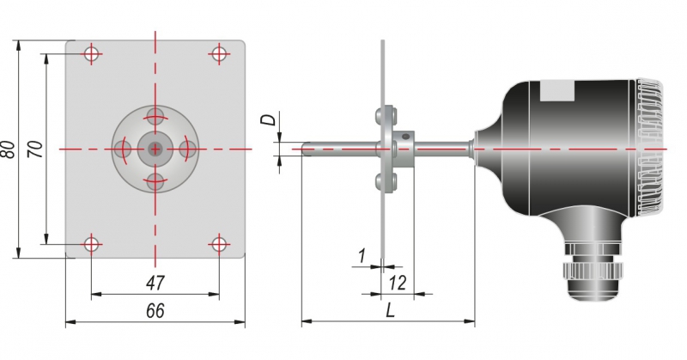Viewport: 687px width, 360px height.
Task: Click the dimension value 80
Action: pyautogui.click(x=9, y=149)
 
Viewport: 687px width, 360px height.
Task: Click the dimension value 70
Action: pyautogui.click(x=35, y=149)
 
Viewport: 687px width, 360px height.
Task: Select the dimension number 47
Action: pyautogui.click(x=155, y=284)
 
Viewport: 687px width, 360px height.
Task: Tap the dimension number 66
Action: pyautogui.click(x=155, y=311)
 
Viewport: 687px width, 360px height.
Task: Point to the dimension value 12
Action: pyautogui.click(x=398, y=284)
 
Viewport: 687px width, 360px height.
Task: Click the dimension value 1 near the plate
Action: pyautogui.click(x=362, y=256)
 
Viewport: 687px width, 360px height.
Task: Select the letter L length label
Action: pyautogui.click(x=390, y=311)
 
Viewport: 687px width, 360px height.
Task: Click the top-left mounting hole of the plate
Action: pyautogui.click(x=92, y=54)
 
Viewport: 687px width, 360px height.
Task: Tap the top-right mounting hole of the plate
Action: pyautogui.click(x=219, y=54)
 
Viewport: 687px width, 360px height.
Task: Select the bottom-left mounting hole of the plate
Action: pyautogui.click(x=92, y=244)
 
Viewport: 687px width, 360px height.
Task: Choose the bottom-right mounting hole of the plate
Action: pyautogui.click(x=219, y=244)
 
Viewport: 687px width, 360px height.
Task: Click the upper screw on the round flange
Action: pyautogui.click(x=155, y=117)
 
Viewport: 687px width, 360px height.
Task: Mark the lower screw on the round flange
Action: pyautogui.click(x=155, y=181)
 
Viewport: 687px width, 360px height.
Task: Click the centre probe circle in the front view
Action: pyautogui.click(x=155, y=149)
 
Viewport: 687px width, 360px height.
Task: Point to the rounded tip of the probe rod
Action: pyautogui.click(x=305, y=149)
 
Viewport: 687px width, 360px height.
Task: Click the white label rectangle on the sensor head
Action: pyautogui.click(x=556, y=91)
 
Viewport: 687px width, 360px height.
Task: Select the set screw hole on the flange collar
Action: pyautogui.click(x=406, y=137)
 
